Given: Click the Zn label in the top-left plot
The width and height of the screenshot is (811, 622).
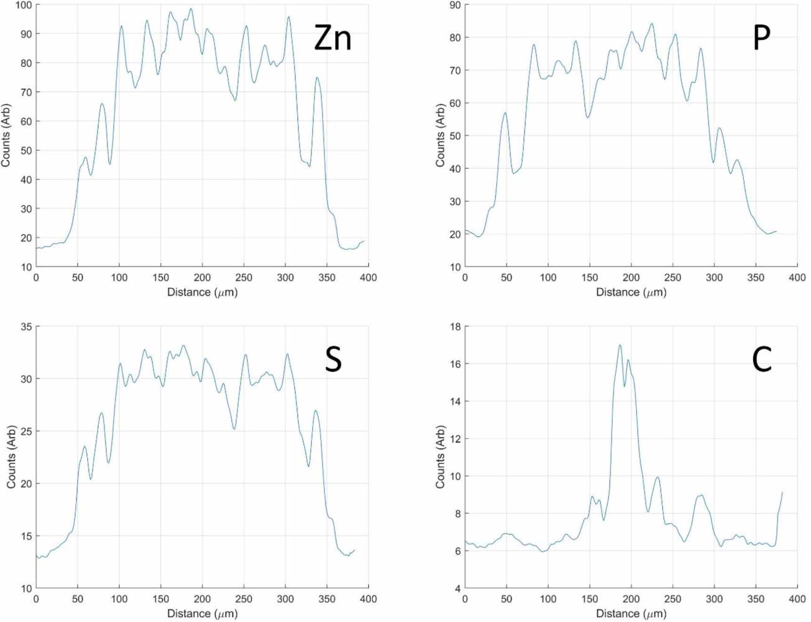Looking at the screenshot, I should [332, 38].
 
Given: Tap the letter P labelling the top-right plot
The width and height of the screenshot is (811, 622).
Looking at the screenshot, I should [762, 38].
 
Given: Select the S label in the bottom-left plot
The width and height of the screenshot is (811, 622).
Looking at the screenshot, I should [333, 360].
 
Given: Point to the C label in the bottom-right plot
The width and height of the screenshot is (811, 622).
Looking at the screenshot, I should [762, 360].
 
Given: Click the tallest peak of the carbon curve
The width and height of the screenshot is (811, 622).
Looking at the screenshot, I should [620, 345].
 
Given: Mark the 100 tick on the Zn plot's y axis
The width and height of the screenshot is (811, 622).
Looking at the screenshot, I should [24, 5].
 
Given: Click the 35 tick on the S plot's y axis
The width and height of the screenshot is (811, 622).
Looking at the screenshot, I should [26, 326].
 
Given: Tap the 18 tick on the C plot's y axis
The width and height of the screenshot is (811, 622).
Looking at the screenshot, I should [456, 326].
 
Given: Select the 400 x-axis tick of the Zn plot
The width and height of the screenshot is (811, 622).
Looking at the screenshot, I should [368, 277].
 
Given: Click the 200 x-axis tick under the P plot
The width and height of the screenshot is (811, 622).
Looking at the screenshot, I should [631, 277].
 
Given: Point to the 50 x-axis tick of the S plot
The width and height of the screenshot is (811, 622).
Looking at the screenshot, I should [78, 598].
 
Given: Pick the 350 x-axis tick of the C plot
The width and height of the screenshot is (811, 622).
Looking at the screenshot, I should [756, 598].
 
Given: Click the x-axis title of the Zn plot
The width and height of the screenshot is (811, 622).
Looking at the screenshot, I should [202, 292].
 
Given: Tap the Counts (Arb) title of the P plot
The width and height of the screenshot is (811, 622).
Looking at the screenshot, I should [440, 135].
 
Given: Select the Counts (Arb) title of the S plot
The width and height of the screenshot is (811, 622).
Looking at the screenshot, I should [11, 457].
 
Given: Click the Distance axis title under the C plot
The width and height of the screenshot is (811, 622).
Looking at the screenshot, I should [631, 613].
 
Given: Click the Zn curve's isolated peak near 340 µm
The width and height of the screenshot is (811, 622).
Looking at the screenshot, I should [317, 78].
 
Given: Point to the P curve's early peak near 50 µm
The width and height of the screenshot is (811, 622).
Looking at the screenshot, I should [505, 112].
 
